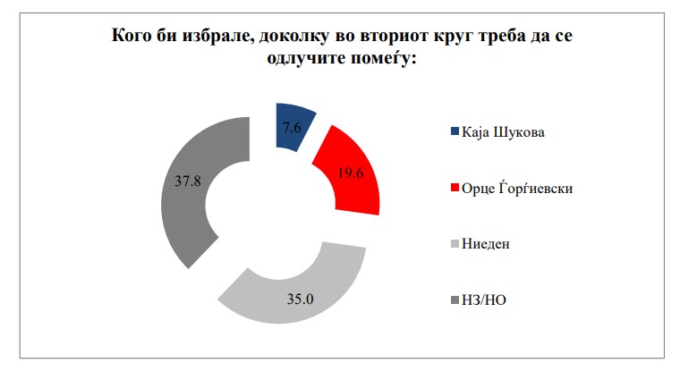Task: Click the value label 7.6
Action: (292, 127)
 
